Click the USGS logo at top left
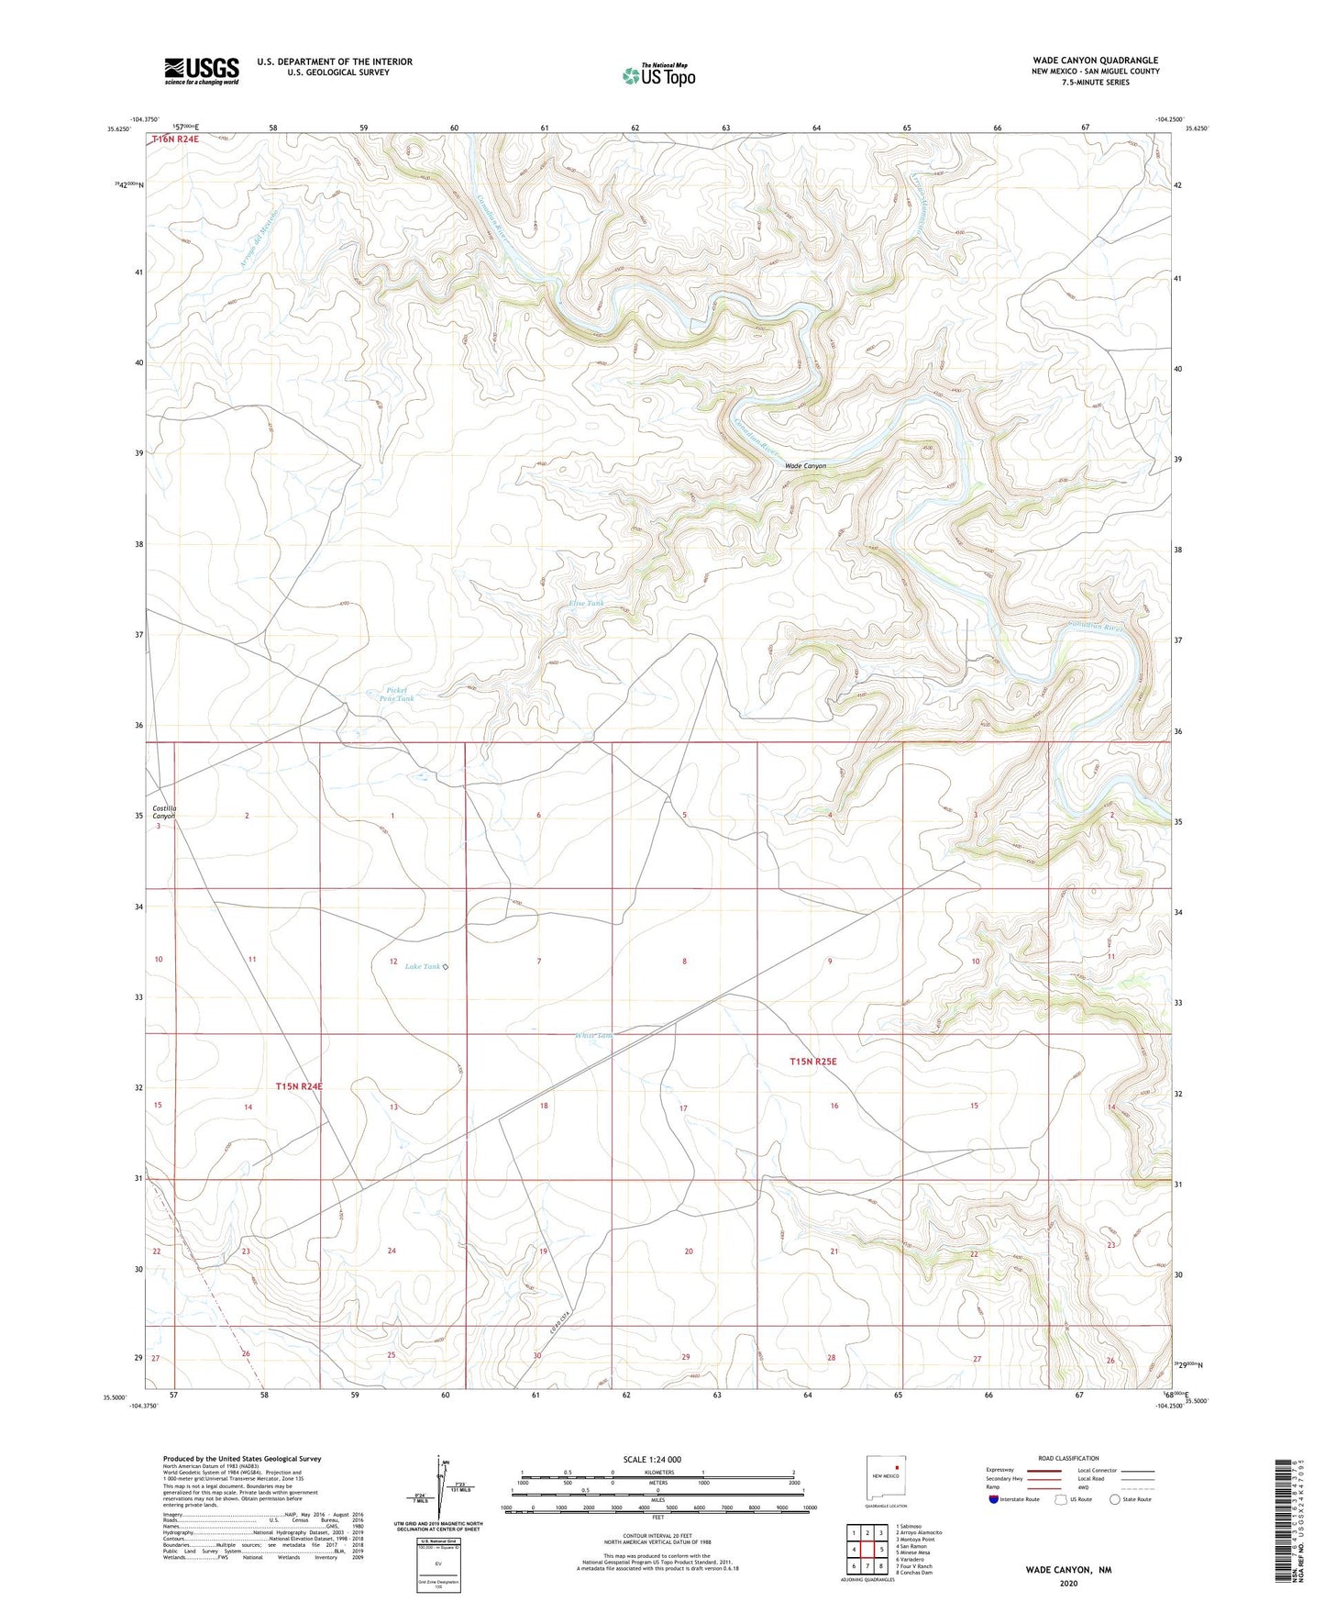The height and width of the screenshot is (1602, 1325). pyautogui.click(x=202, y=70)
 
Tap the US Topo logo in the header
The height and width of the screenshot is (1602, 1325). pyautogui.click(x=658, y=75)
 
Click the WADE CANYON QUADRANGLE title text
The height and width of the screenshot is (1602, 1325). pyautogui.click(x=1094, y=61)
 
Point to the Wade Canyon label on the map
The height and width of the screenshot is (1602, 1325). pyautogui.click(x=805, y=466)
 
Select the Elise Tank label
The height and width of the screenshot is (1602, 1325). pyautogui.click(x=587, y=603)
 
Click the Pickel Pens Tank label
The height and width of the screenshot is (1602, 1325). pyautogui.click(x=397, y=695)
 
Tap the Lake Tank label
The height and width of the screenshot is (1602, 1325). pyautogui.click(x=423, y=966)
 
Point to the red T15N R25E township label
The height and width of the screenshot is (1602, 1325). pyautogui.click(x=813, y=1062)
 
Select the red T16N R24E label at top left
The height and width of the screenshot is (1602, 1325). pyautogui.click(x=176, y=139)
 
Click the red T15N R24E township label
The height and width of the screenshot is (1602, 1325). pyautogui.click(x=299, y=1086)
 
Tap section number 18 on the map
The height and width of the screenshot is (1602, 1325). pyautogui.click(x=544, y=1106)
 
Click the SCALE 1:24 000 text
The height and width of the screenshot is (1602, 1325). pyautogui.click(x=652, y=1460)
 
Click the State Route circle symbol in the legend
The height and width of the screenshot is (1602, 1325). pyautogui.click(x=1114, y=1499)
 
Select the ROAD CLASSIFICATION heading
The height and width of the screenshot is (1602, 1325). pyautogui.click(x=1068, y=1458)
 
